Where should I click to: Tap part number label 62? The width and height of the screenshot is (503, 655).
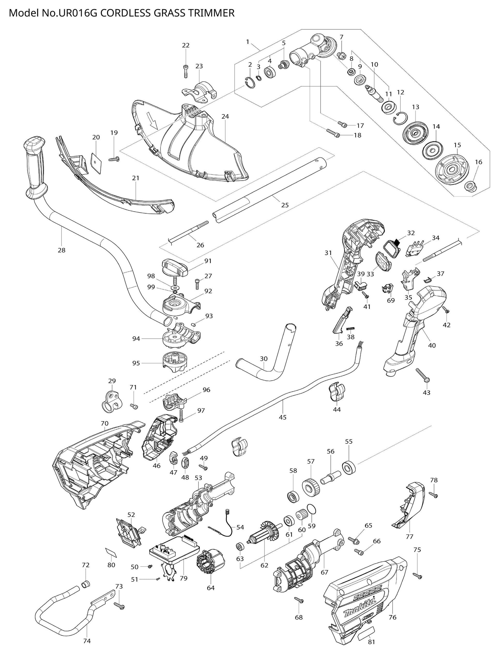[x=264, y=565]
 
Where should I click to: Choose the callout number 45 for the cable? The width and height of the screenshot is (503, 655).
[x=282, y=417]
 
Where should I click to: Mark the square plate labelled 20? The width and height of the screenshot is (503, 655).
[x=96, y=160]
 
